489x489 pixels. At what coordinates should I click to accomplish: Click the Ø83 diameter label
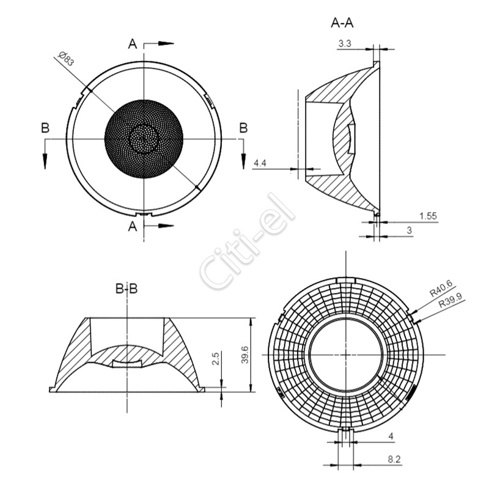(67, 59)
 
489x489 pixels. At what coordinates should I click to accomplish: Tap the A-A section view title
(342, 23)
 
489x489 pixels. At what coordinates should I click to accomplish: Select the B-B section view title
(127, 289)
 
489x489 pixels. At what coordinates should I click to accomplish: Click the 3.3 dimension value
(345, 43)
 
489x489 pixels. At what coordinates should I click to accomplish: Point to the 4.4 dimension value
(260, 163)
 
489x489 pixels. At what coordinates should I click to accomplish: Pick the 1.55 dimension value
(428, 216)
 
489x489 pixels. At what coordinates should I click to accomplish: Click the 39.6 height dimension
(245, 355)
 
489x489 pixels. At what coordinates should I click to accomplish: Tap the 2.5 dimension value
(216, 359)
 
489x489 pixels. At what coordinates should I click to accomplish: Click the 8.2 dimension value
(394, 460)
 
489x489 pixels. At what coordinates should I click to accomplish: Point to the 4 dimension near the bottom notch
(391, 436)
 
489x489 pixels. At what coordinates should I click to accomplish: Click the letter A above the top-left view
(133, 44)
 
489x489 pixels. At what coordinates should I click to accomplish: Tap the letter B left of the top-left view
(45, 128)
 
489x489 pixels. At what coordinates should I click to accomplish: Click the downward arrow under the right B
(244, 161)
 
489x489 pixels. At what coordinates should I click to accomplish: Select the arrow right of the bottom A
(166, 226)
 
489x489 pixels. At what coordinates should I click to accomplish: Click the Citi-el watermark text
(248, 241)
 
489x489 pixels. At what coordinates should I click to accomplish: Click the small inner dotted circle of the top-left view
(144, 139)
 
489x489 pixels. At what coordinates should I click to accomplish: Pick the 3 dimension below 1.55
(410, 230)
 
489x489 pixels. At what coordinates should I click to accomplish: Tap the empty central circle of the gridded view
(346, 355)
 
